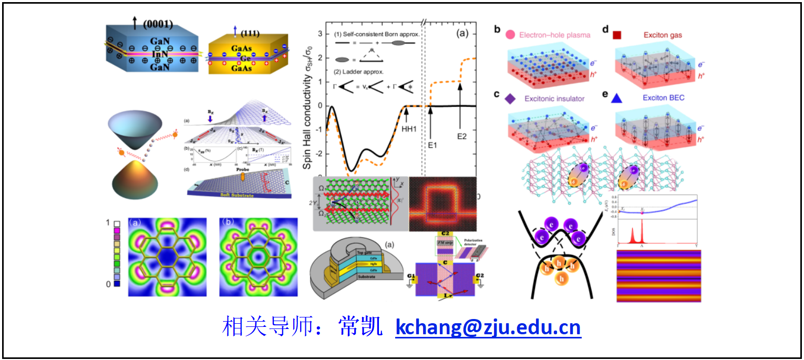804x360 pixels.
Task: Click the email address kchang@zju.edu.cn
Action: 488,327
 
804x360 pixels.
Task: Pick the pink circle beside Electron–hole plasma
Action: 509,35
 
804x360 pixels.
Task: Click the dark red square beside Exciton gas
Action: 617,35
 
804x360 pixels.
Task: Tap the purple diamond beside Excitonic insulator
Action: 509,99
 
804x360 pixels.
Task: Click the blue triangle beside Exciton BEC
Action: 631,98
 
